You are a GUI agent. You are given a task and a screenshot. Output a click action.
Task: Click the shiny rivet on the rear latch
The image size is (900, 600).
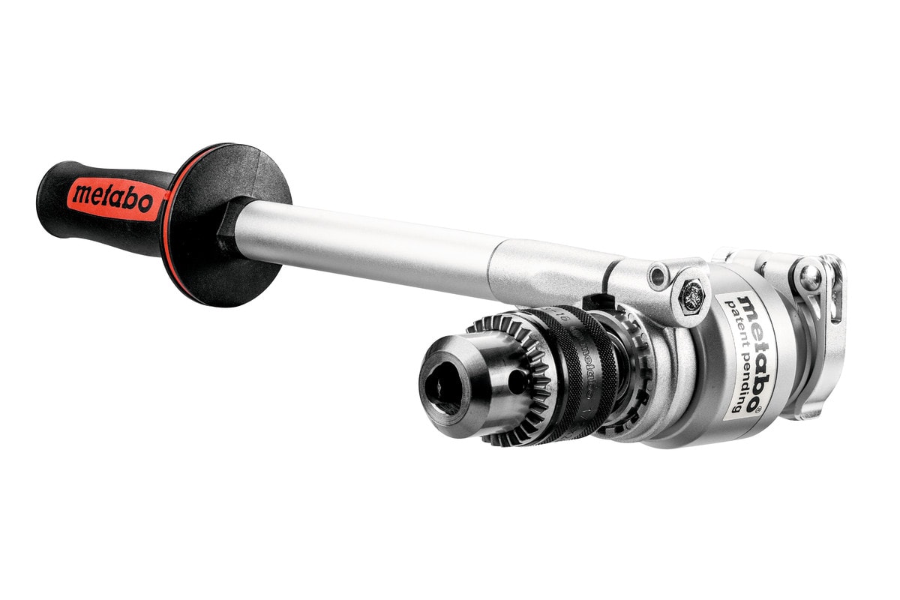[808, 277]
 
